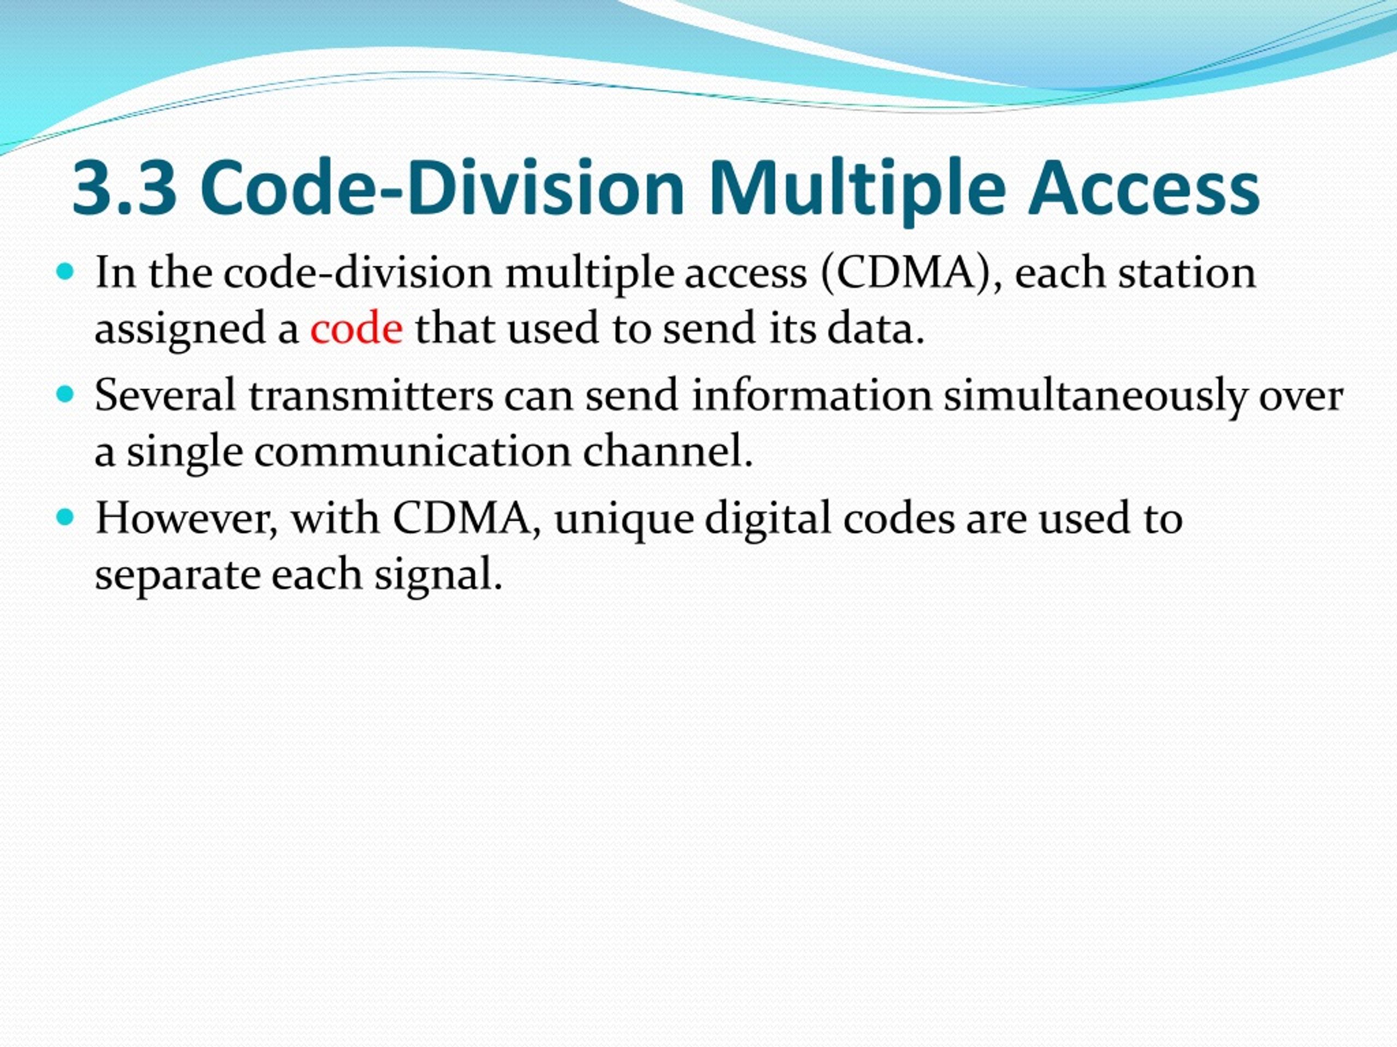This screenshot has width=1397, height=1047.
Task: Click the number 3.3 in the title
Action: coord(124,188)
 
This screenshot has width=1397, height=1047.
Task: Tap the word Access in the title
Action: coord(1143,188)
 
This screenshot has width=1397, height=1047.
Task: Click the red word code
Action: coord(356,329)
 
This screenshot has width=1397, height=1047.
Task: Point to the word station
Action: coord(1187,273)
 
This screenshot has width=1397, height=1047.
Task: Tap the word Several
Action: coord(165,396)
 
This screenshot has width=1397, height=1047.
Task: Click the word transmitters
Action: coord(371,396)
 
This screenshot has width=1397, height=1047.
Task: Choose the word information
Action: coord(811,396)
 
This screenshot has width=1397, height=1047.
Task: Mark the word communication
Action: coord(413,452)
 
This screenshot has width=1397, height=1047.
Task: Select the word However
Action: coord(186,519)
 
